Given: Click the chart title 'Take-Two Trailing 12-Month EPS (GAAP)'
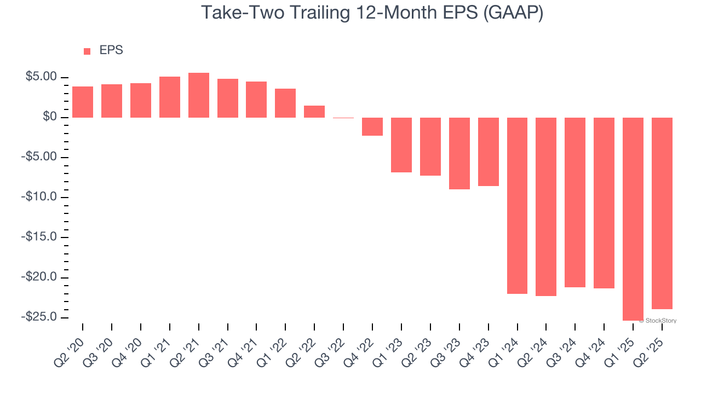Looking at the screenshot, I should [372, 13].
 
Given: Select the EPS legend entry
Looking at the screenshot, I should [103, 50].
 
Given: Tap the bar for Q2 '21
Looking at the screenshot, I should [199, 95].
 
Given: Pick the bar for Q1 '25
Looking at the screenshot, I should [633, 219].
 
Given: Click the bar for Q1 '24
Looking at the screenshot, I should [517, 206].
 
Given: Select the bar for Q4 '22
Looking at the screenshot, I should [372, 126].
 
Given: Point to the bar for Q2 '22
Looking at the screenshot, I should [314, 112].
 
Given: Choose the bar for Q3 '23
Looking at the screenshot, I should [459, 153].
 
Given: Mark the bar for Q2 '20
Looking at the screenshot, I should [83, 102].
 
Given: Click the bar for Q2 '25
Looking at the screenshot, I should [662, 213].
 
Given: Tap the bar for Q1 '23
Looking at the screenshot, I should [401, 145].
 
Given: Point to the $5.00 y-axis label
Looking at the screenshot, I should [41, 77].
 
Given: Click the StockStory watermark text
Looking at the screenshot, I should [660, 321].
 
